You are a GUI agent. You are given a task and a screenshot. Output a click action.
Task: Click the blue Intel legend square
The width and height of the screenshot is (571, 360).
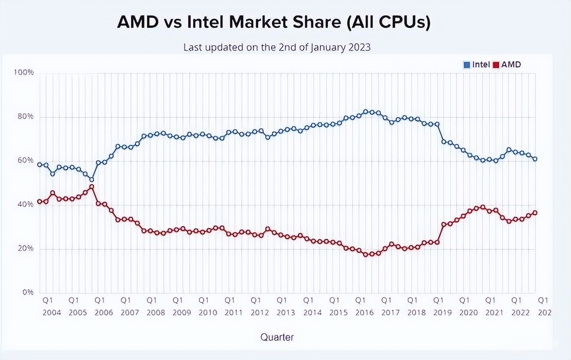coord(466,65)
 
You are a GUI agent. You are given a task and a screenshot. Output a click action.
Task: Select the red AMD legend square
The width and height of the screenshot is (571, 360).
coord(496,65)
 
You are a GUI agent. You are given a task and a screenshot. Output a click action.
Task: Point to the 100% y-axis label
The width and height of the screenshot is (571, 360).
coord(24,73)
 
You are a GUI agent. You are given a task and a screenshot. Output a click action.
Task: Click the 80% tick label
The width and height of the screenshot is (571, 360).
coord(25,117)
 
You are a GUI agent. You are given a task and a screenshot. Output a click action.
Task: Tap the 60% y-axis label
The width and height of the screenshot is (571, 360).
coord(25,160)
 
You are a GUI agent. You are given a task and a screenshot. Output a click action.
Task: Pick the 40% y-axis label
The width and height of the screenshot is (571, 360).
coord(25,204)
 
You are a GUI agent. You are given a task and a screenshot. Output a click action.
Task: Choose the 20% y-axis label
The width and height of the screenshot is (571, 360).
coord(25,248)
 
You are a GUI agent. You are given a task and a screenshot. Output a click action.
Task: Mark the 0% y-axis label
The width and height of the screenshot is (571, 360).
coord(27,292)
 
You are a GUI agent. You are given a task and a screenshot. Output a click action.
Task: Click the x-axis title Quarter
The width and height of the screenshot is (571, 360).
coord(277,337)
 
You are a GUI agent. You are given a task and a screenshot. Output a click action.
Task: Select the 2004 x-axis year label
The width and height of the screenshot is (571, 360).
coord(52,313)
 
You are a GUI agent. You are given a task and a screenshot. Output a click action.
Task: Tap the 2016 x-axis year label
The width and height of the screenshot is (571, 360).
coord(364,313)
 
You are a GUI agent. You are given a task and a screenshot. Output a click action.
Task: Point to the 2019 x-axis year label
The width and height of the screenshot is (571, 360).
coord(442,313)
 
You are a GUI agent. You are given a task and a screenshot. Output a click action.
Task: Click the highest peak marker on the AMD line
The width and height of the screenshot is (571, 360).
coord(92,187)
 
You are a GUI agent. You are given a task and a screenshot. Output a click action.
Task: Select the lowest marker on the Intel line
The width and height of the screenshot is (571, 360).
coord(92,180)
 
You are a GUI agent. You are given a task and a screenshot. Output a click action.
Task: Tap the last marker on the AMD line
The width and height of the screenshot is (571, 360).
coord(535,213)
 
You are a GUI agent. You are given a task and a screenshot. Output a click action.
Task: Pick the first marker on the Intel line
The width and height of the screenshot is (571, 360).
coord(39,164)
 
